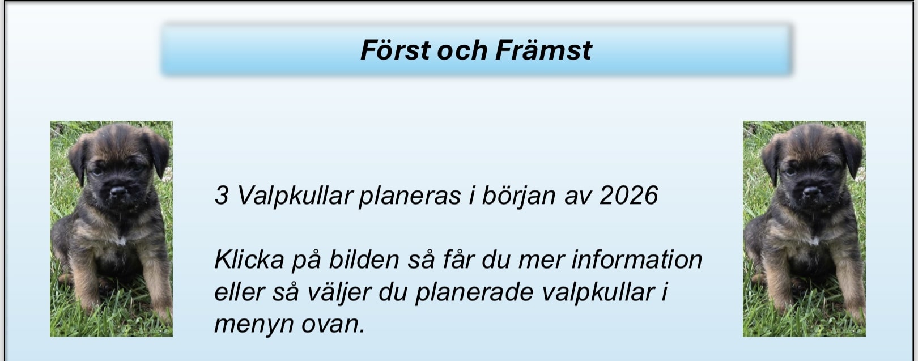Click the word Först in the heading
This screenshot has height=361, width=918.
pos(396,50)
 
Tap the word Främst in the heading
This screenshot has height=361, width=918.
pos(543,50)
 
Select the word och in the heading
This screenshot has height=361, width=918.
pos(462,50)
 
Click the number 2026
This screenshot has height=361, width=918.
pos(628,195)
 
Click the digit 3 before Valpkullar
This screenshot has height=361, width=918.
pos(222,195)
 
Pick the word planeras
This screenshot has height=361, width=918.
pos(410,197)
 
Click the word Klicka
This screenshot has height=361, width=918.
pos(249,260)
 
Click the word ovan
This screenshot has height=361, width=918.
pos(333,325)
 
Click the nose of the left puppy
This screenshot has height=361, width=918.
pos(118,191)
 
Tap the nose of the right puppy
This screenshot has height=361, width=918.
pos(811,191)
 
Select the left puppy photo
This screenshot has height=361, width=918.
pos(111,228)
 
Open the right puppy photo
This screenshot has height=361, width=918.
pos(804,228)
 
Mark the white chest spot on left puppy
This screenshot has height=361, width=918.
pos(121,240)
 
